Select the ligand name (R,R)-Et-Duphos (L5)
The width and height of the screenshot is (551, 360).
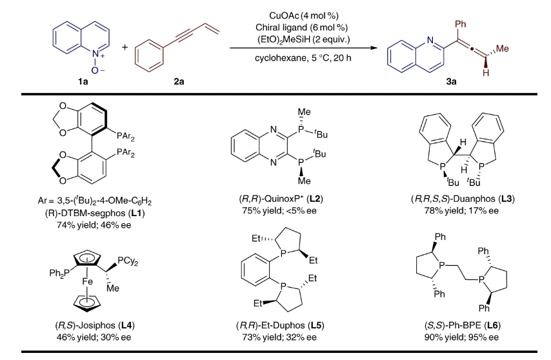click(275, 327)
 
